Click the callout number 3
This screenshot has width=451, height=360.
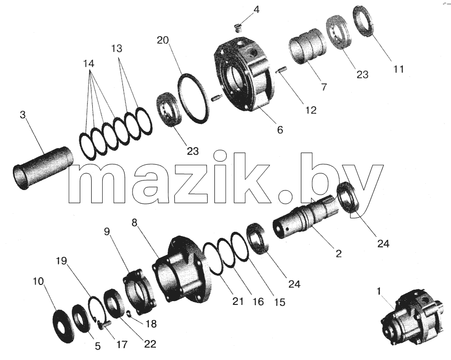pos(23,115)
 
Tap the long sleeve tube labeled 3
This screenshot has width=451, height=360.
pos(43,168)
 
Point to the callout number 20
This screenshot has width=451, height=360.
pos(163,40)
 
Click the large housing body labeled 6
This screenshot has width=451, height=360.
pos(244,76)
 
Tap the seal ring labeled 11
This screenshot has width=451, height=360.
pos(364,21)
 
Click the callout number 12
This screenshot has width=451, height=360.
pos(311,110)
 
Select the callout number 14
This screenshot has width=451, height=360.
pos(89,63)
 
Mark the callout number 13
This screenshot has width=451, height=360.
pos(117,48)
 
